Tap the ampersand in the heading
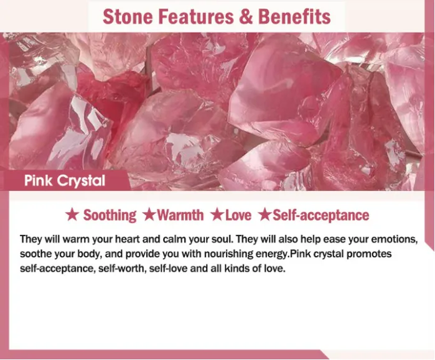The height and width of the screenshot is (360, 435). [246, 17]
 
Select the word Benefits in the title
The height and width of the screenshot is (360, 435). [294, 17]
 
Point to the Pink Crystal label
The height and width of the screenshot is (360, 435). [65, 181]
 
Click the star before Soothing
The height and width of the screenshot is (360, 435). [72, 215]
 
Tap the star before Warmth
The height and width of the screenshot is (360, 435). [149, 215]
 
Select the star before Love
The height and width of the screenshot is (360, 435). [217, 215]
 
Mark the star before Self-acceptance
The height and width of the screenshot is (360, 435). [264, 215]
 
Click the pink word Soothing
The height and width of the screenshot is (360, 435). [110, 215]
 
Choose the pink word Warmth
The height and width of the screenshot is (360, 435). [180, 215]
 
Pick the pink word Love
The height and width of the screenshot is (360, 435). [238, 215]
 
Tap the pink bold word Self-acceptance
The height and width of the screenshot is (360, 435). [321, 215]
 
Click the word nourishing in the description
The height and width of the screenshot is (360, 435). [228, 254]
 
